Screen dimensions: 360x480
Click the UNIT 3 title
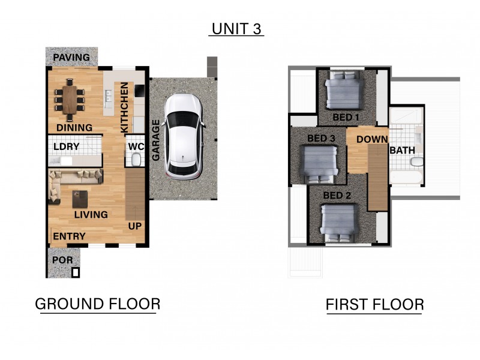coord(236,29)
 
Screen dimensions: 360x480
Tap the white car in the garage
coord(184,137)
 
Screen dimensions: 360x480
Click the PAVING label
coord(72,58)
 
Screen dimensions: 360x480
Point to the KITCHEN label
coord(124,107)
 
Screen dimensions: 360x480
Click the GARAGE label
coord(156,140)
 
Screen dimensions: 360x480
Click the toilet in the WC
coord(136,159)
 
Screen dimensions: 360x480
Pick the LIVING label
coord(91,214)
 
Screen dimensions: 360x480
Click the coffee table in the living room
coord(80,197)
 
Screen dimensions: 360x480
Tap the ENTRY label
coord(70,236)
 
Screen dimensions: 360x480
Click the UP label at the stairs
coord(136,226)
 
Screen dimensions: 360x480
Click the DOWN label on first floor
coord(371,139)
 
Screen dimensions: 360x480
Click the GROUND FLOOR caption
coord(98,304)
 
